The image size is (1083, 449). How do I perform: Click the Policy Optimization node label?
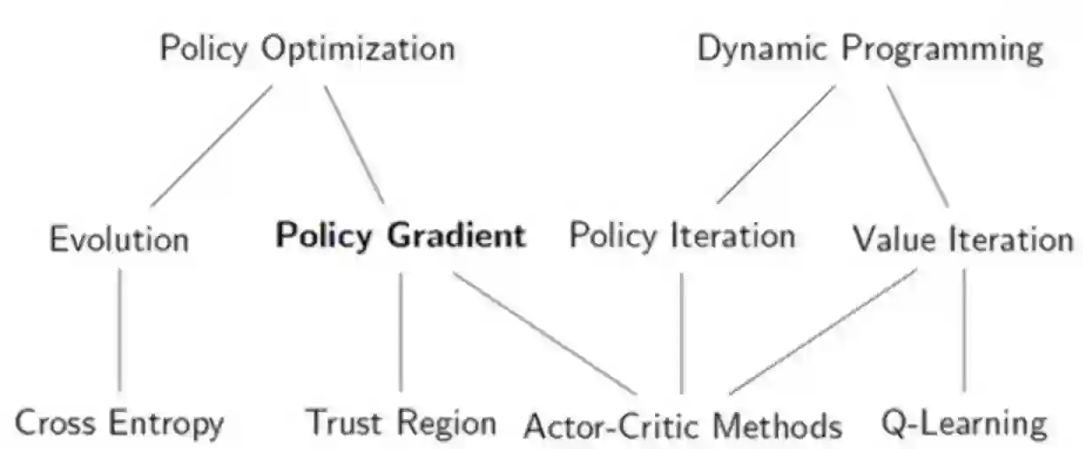click(x=307, y=49)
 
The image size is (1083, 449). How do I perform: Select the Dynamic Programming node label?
click(x=870, y=49)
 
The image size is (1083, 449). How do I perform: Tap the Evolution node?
click(x=119, y=239)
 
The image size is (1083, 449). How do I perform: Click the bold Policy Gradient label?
click(x=401, y=236)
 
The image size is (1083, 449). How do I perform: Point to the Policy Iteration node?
click(x=682, y=236)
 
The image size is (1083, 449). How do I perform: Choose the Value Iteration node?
click(x=963, y=239)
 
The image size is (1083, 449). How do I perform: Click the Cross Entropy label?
click(x=120, y=424)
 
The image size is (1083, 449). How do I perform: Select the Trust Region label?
click(x=401, y=423)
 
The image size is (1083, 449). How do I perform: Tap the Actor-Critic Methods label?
click(x=683, y=426)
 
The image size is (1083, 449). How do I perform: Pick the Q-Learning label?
click(x=965, y=424)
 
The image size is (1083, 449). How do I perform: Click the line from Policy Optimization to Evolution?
click(x=211, y=145)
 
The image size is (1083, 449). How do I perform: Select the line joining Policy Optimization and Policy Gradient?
click(x=354, y=144)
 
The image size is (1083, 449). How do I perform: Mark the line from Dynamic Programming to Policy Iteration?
click(x=775, y=144)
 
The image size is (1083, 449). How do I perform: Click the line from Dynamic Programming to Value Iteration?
click(x=917, y=145)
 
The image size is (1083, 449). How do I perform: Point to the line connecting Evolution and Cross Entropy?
click(x=120, y=330)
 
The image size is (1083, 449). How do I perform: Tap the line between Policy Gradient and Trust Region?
click(x=401, y=331)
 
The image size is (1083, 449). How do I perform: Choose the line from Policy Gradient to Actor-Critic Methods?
click(x=544, y=333)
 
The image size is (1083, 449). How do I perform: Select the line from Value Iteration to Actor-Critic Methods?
click(x=822, y=332)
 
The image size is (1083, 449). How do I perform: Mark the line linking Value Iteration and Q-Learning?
click(x=964, y=330)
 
